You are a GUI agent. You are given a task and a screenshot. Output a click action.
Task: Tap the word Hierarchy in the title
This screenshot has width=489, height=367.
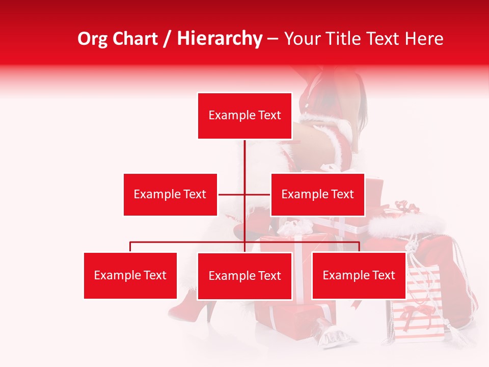pyautogui.click(x=219, y=39)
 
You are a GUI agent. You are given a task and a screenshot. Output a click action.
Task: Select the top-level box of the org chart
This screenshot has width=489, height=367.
pyautogui.click(x=244, y=116)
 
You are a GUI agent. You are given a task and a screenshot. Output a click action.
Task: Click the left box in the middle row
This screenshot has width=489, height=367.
pyautogui.click(x=170, y=194)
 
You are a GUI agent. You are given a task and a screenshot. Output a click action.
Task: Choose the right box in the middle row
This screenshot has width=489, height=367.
pyautogui.click(x=317, y=194)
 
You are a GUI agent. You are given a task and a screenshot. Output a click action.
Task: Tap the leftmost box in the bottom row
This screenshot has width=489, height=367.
pyautogui.click(x=130, y=275)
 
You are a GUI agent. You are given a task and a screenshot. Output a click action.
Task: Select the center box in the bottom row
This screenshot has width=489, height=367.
pyautogui.click(x=244, y=276)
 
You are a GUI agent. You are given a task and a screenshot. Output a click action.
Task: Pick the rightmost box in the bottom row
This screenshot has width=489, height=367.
pyautogui.click(x=359, y=275)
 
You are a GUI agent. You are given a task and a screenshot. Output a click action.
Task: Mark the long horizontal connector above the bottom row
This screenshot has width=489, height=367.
pyautogui.click(x=188, y=242)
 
